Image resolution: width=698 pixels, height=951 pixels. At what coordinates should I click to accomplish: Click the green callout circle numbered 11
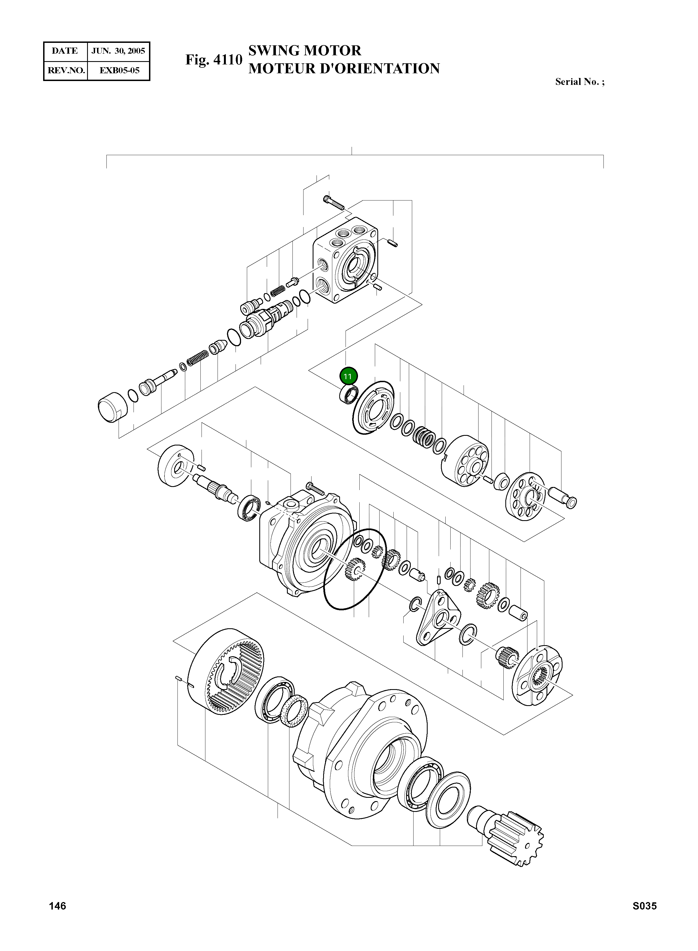coord(348,376)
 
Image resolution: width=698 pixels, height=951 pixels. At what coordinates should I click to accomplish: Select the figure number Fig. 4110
coord(214,60)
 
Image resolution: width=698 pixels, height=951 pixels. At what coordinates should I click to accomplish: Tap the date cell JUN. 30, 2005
coord(118,51)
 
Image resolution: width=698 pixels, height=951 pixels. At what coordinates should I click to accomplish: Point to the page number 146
coord(57,906)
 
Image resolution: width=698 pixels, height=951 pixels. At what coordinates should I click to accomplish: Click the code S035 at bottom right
coord(644,906)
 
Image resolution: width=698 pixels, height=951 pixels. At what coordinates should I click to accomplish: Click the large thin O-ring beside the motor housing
coord(354,569)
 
